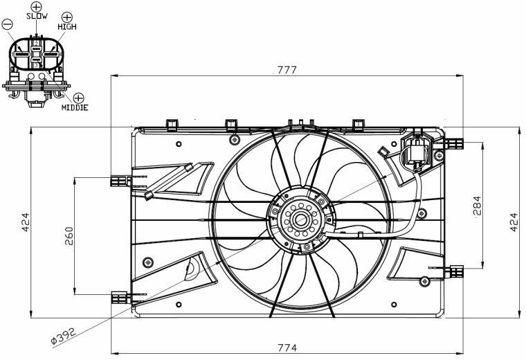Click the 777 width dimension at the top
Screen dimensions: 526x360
(x=287, y=70)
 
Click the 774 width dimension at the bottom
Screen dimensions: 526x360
(x=287, y=348)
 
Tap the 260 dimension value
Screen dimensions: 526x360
(x=69, y=236)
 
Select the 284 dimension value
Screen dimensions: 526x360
(x=476, y=206)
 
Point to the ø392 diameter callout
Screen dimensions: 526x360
(x=64, y=336)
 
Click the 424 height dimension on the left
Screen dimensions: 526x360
(x=26, y=222)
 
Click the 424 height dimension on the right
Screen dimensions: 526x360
(x=514, y=222)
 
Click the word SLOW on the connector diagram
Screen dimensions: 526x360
(x=37, y=16)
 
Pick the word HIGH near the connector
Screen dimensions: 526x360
(x=67, y=26)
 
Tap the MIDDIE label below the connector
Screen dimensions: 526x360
(x=75, y=107)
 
